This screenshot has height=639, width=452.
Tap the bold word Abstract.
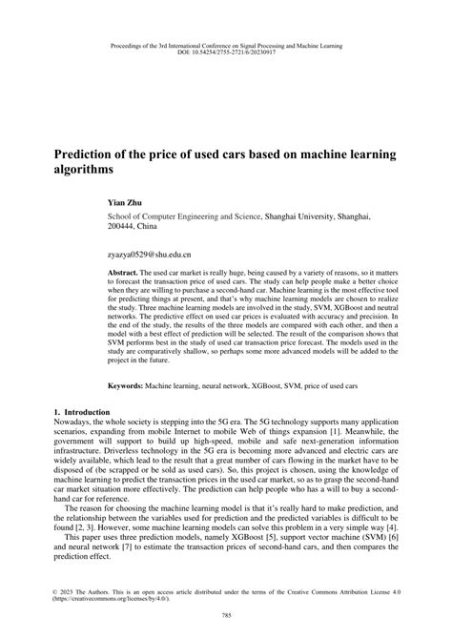(x=126, y=272)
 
